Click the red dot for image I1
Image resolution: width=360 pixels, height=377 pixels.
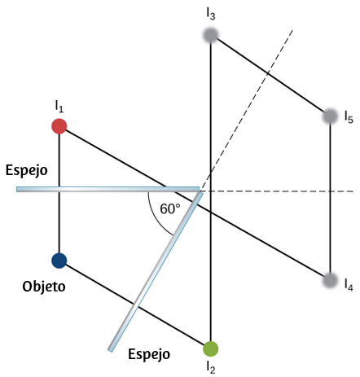[x=59, y=126]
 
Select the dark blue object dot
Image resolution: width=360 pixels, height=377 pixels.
[x=59, y=261]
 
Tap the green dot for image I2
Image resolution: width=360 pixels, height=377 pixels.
[x=211, y=349]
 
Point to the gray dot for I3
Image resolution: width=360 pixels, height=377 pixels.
[x=211, y=35]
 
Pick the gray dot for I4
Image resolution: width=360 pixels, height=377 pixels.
[x=330, y=280]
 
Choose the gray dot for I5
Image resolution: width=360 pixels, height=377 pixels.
[x=330, y=116]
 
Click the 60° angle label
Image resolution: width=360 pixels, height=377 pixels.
[x=170, y=208]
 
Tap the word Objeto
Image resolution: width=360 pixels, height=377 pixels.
[x=44, y=287]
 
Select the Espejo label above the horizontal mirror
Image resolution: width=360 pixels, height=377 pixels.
[x=27, y=171]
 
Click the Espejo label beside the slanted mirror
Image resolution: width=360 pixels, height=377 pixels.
[x=149, y=354]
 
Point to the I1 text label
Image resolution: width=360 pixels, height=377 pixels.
[x=59, y=106]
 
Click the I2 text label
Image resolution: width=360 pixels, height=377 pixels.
[x=211, y=367]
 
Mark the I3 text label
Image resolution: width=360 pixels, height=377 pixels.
[x=211, y=14]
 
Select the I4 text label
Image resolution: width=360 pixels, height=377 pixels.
[x=349, y=285]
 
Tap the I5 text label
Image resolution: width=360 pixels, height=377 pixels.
[x=349, y=117]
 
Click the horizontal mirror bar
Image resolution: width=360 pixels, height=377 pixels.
[x=108, y=189]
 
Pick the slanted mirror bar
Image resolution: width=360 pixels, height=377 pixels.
[x=156, y=271]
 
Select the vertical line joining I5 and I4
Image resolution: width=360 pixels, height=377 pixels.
[x=330, y=198]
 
